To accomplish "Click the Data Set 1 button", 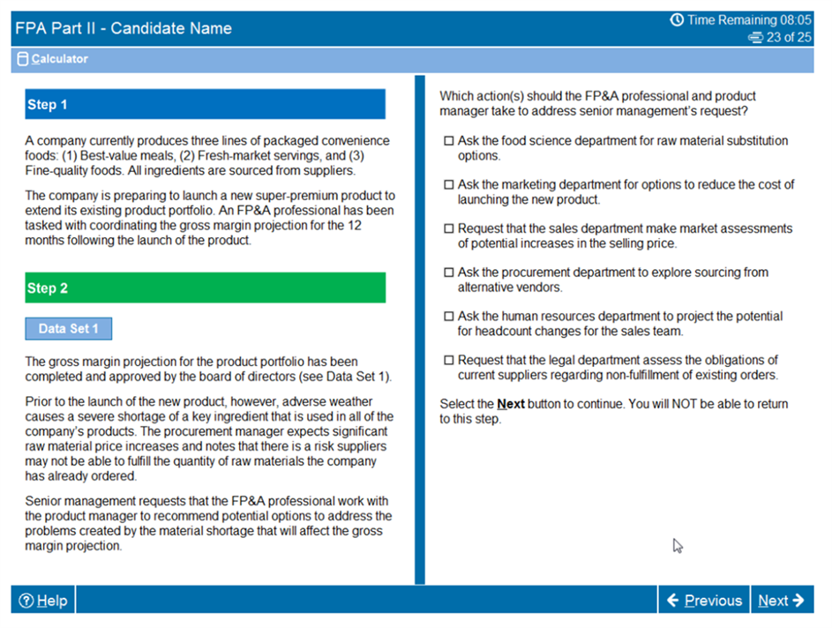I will tap(69, 329).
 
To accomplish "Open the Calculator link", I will tap(60, 59).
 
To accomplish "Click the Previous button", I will tap(704, 601).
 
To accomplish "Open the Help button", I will tap(43, 601).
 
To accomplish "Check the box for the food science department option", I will tap(448, 141).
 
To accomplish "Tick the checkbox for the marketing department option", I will tap(448, 185).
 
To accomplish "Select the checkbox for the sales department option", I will tap(448, 229).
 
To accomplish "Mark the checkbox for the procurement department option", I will tap(448, 273).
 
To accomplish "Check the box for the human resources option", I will tap(448, 317).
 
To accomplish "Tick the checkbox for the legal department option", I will tap(448, 360).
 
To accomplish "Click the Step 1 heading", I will tap(205, 105).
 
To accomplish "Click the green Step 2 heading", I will tap(205, 288).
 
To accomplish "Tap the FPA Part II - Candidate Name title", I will tap(124, 28).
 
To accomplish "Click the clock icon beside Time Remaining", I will tap(677, 19).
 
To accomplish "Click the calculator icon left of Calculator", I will tap(23, 59).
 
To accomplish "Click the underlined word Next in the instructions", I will tap(511, 404).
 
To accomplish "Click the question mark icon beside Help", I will tap(26, 601).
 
